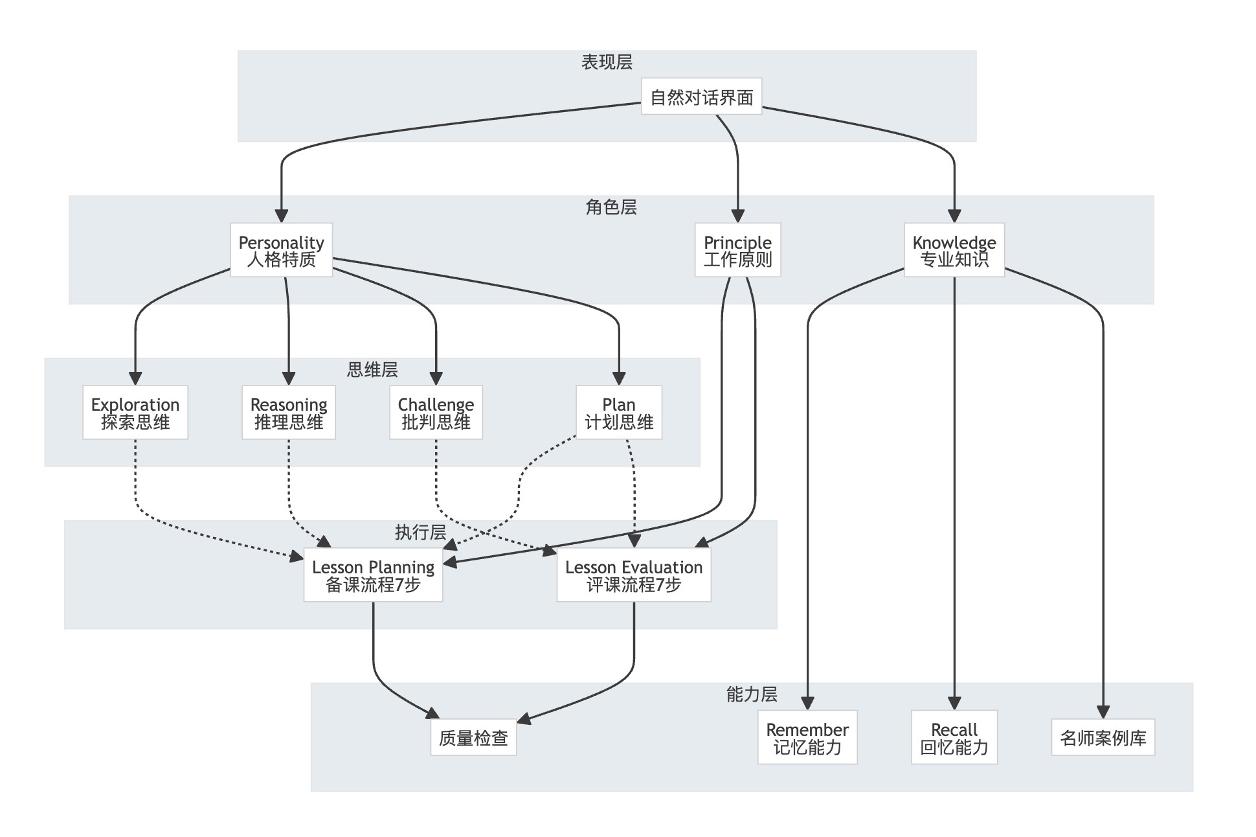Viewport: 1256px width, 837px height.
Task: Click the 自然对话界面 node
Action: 701,97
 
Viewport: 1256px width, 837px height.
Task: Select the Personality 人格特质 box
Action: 281,250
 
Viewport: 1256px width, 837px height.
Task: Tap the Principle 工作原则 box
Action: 737,250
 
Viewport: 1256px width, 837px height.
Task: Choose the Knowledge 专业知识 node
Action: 954,250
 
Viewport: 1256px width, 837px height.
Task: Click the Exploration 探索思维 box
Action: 135,413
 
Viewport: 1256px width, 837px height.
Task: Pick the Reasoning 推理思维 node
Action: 288,413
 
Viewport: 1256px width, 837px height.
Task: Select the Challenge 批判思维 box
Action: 436,413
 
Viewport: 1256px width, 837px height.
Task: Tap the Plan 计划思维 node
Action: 618,413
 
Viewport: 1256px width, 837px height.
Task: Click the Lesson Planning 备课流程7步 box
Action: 373,575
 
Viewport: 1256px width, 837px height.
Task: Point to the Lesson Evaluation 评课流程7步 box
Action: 633,575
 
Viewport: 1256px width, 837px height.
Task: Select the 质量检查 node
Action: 473,738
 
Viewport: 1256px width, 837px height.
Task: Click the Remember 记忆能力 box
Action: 807,738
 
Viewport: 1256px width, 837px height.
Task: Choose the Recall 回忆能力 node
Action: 954,738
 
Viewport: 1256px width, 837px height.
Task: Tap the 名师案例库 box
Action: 1103,738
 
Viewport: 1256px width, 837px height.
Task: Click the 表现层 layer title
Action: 607,62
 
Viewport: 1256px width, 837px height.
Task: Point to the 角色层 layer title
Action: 611,207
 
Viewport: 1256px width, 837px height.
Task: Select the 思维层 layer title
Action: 372,370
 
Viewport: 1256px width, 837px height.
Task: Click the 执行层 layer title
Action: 420,533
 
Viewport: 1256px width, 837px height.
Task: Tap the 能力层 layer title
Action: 751,694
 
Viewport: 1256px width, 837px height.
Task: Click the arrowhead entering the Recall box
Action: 954,704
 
